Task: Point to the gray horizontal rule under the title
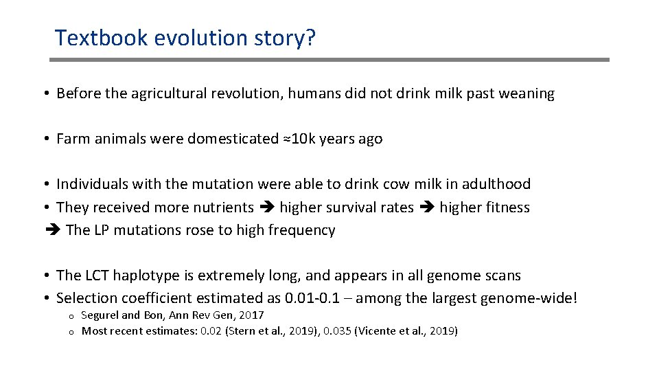(329, 60)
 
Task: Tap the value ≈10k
(301, 139)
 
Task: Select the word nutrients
(223, 207)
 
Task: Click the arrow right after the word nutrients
(266, 207)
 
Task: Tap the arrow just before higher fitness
(427, 207)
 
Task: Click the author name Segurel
(100, 315)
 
